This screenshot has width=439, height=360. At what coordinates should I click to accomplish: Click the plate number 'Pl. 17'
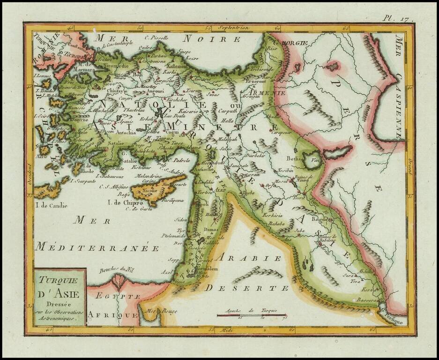click(x=396, y=18)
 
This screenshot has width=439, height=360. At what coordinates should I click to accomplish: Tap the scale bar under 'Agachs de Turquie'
click(x=251, y=315)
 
